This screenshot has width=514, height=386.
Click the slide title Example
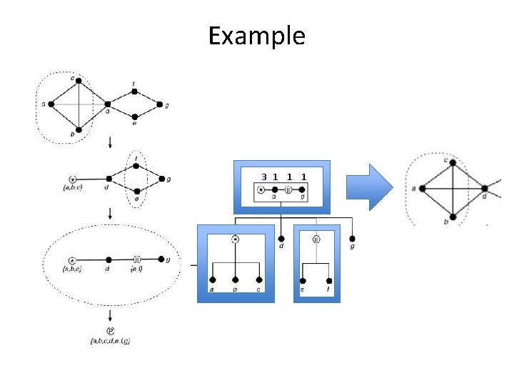[x=257, y=35]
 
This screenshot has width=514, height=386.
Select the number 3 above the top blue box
[x=264, y=176]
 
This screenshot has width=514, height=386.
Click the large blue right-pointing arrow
[x=369, y=187]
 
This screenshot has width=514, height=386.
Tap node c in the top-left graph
[x=79, y=79]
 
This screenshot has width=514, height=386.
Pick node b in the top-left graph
[x=79, y=130]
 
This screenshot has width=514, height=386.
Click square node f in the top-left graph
[x=134, y=91]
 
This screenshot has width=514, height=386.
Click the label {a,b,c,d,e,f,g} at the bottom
[x=110, y=341]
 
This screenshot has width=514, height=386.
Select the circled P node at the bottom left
[x=110, y=330]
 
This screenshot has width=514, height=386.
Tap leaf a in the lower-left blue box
[x=212, y=280]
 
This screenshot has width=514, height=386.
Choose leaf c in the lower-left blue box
[x=258, y=280]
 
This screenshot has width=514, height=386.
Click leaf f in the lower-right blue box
[x=329, y=281]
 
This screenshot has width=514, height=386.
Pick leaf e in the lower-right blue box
[x=303, y=281]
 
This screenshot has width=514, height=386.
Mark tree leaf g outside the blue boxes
[x=352, y=238]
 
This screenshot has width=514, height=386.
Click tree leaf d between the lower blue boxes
[x=281, y=238]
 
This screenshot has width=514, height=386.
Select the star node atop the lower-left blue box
[x=235, y=239]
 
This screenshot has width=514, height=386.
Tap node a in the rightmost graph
[x=423, y=188]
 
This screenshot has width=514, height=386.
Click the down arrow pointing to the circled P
[x=110, y=315]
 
